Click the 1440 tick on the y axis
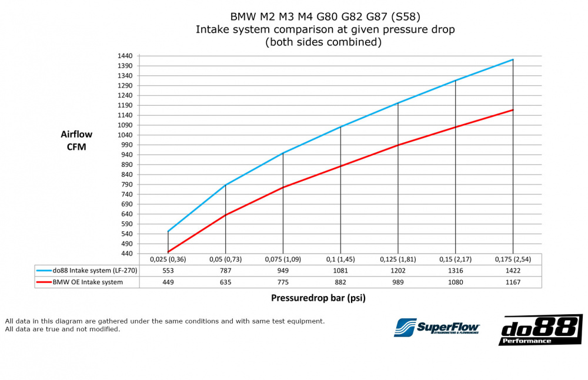124,56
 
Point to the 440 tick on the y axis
126,254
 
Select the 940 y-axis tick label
126,154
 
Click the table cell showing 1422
513,271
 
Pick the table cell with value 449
168,282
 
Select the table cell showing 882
340,282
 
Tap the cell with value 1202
398,271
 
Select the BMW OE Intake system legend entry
87,282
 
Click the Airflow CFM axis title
76,140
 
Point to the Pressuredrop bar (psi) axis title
318,298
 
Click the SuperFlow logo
437,327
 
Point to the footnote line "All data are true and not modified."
62,329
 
